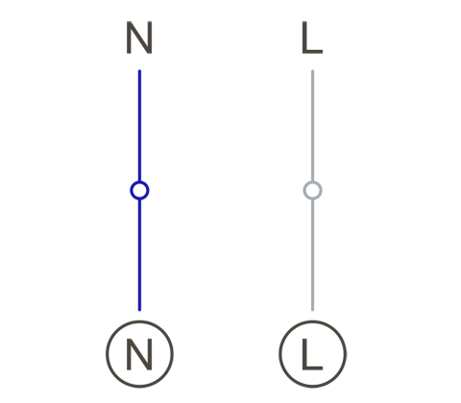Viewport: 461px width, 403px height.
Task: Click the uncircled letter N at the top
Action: (x=139, y=37)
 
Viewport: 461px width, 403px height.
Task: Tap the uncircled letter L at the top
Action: (x=312, y=37)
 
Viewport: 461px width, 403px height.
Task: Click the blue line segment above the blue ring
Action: (x=139, y=126)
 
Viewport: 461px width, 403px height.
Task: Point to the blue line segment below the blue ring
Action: (x=139, y=255)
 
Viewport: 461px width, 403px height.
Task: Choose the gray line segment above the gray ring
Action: (x=312, y=126)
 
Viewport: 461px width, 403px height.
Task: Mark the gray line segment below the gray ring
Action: (x=312, y=255)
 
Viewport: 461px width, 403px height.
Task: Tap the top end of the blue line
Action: (x=139, y=70)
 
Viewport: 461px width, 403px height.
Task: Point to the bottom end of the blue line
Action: (x=139, y=310)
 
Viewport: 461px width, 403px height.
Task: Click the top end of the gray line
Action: (x=312, y=70)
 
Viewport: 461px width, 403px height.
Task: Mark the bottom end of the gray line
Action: (x=312, y=310)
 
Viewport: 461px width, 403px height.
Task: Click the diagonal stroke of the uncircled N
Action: (x=139, y=37)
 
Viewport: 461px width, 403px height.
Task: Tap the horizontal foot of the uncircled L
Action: (x=313, y=52)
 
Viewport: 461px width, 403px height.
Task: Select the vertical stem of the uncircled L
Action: (x=304, y=37)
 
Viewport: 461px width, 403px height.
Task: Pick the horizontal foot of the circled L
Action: (x=313, y=368)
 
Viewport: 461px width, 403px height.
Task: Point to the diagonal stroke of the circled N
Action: (x=139, y=355)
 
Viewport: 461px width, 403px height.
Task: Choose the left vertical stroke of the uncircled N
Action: (x=129, y=37)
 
